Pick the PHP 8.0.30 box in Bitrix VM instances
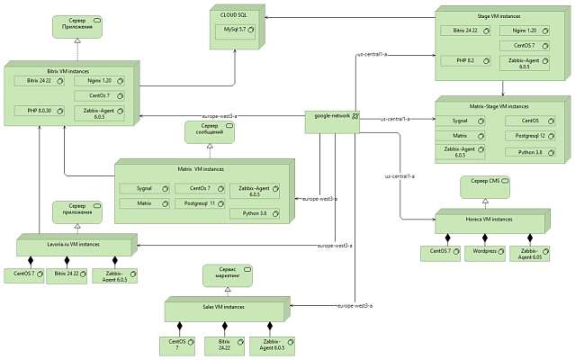[x=40, y=111]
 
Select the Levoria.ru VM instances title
[x=75, y=243]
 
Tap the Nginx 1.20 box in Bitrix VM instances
[x=101, y=80]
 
